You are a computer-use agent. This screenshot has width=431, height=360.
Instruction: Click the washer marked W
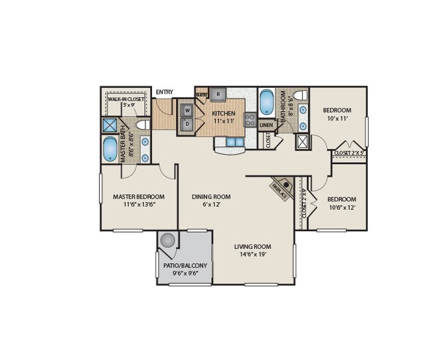click(x=187, y=110)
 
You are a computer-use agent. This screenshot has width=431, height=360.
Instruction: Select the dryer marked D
click(x=187, y=124)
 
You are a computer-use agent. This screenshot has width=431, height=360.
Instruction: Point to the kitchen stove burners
click(x=251, y=120)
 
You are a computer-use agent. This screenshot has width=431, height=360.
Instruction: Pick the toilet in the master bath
click(x=142, y=125)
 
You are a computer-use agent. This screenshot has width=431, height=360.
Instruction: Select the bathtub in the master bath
click(x=110, y=149)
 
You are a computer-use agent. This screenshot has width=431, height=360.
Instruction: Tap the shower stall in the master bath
click(x=110, y=125)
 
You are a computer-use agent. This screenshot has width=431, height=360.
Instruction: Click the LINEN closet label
click(x=266, y=124)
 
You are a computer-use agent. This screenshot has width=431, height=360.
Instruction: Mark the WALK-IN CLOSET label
click(x=126, y=98)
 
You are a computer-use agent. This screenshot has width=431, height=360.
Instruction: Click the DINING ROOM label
click(x=211, y=197)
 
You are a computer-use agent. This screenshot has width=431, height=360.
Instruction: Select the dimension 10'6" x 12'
click(x=341, y=208)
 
